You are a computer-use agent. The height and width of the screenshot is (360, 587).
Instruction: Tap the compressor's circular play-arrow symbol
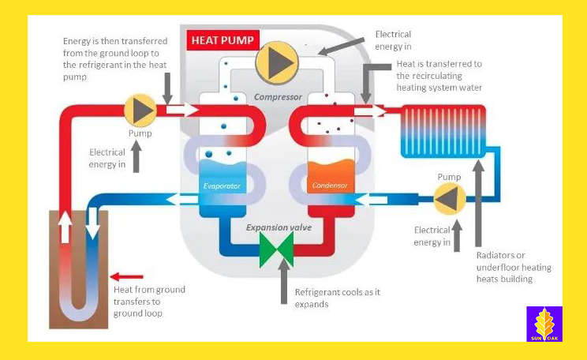pyautogui.click(x=277, y=63)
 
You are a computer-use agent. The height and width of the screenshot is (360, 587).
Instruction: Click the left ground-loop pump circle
pyautogui.click(x=141, y=110)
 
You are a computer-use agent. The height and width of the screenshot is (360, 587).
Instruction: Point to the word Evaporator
pyautogui.click(x=222, y=186)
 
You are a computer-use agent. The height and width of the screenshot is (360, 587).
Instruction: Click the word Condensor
pyautogui.click(x=330, y=186)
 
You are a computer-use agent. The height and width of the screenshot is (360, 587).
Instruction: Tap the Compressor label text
pyautogui.click(x=278, y=97)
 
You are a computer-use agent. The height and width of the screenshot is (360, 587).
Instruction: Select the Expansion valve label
pyautogui.click(x=279, y=227)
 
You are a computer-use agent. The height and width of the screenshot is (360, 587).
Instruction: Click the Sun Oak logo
pyautogui.click(x=544, y=324)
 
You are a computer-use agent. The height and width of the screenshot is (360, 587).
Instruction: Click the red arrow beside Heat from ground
pyautogui.click(x=127, y=277)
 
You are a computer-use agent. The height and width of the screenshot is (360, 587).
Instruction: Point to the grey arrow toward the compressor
pyautogui.click(x=341, y=46)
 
